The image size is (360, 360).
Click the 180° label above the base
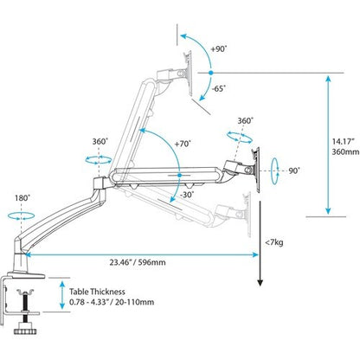click(x=22, y=196)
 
